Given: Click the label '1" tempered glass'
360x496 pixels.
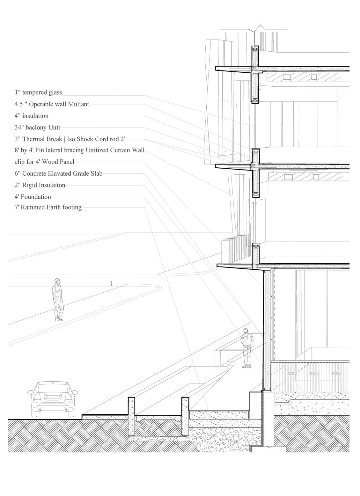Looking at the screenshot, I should [38, 92].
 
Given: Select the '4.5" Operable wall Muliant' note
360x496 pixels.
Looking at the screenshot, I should [52, 104].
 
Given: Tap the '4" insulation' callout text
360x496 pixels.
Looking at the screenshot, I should [32, 116].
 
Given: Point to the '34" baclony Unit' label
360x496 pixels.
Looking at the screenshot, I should [37, 128].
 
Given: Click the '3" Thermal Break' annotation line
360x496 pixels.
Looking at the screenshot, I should [72, 139].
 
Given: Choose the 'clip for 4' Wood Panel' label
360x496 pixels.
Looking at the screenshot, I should [44, 162].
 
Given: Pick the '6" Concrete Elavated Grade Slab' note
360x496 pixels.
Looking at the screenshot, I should [58, 174].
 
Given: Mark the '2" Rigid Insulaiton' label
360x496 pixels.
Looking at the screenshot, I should [40, 185].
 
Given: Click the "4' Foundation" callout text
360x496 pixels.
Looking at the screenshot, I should [33, 197].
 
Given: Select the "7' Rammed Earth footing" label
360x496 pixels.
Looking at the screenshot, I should [48, 208].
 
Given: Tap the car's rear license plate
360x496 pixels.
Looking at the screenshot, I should [53, 397].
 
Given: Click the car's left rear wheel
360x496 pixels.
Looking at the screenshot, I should [35, 412].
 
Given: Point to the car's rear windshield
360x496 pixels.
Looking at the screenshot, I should [53, 388].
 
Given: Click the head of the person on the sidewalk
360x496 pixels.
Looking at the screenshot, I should [57, 281].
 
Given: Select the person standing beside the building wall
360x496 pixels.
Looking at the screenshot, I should [246, 348].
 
